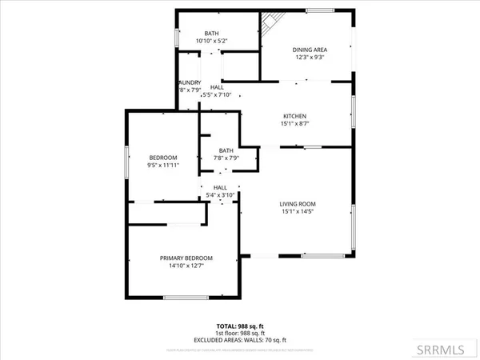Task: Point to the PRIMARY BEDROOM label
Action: [186, 258]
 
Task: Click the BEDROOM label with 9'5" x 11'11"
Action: [163, 157]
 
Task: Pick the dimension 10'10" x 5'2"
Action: [212, 41]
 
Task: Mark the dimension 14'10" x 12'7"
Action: [186, 266]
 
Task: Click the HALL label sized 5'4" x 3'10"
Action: [220, 186]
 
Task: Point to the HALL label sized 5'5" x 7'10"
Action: [217, 87]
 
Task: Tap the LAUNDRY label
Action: [190, 82]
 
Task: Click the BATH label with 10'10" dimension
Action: [212, 33]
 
